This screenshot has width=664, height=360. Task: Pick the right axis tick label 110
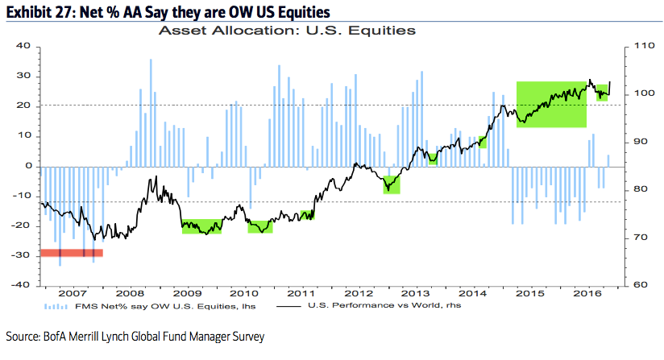pyautogui.click(x=636, y=46)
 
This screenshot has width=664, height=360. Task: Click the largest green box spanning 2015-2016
pyautogui.click(x=551, y=105)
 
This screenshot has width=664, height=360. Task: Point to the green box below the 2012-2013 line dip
pyautogui.click(x=392, y=184)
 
